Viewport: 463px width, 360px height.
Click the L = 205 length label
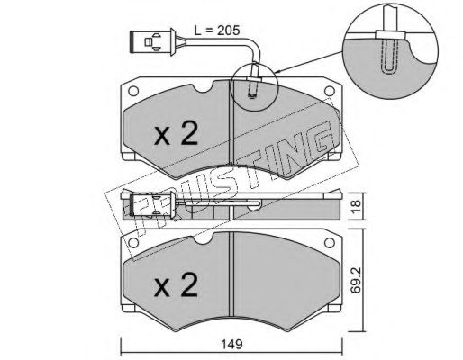click(x=217, y=31)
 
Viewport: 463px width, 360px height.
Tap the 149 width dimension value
click(x=231, y=344)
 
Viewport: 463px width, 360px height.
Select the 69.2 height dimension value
click(x=356, y=281)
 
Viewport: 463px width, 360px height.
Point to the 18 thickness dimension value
click(x=356, y=207)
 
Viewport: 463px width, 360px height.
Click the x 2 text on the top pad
click(x=176, y=134)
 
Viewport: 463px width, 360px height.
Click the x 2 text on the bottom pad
click(x=176, y=285)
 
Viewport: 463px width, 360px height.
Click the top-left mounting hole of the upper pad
click(x=132, y=91)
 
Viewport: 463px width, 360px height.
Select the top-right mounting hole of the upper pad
click(x=330, y=91)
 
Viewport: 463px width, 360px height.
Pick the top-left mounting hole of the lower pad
click(x=132, y=242)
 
